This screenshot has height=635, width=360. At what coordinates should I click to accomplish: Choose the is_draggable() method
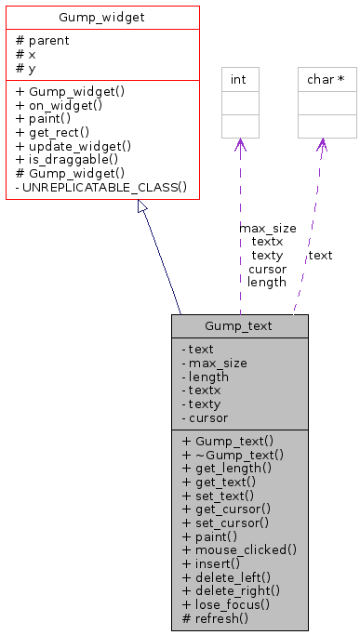pyautogui.click(x=67, y=159)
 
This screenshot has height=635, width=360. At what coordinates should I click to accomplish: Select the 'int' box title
pyautogui.click(x=239, y=80)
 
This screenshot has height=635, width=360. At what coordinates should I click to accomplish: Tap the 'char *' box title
pyautogui.click(x=327, y=80)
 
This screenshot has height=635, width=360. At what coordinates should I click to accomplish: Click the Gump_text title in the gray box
pyautogui.click(x=239, y=326)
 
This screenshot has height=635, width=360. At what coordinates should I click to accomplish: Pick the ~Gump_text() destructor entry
pyautogui.click(x=233, y=455)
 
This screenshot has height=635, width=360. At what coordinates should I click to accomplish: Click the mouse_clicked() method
pyautogui.click(x=239, y=549)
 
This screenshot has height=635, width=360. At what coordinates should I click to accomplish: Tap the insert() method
pyautogui.click(x=211, y=563)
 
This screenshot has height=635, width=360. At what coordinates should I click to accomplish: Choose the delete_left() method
pyautogui.click(x=227, y=576)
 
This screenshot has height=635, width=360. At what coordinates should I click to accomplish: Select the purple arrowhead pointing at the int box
pyautogui.click(x=240, y=144)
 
